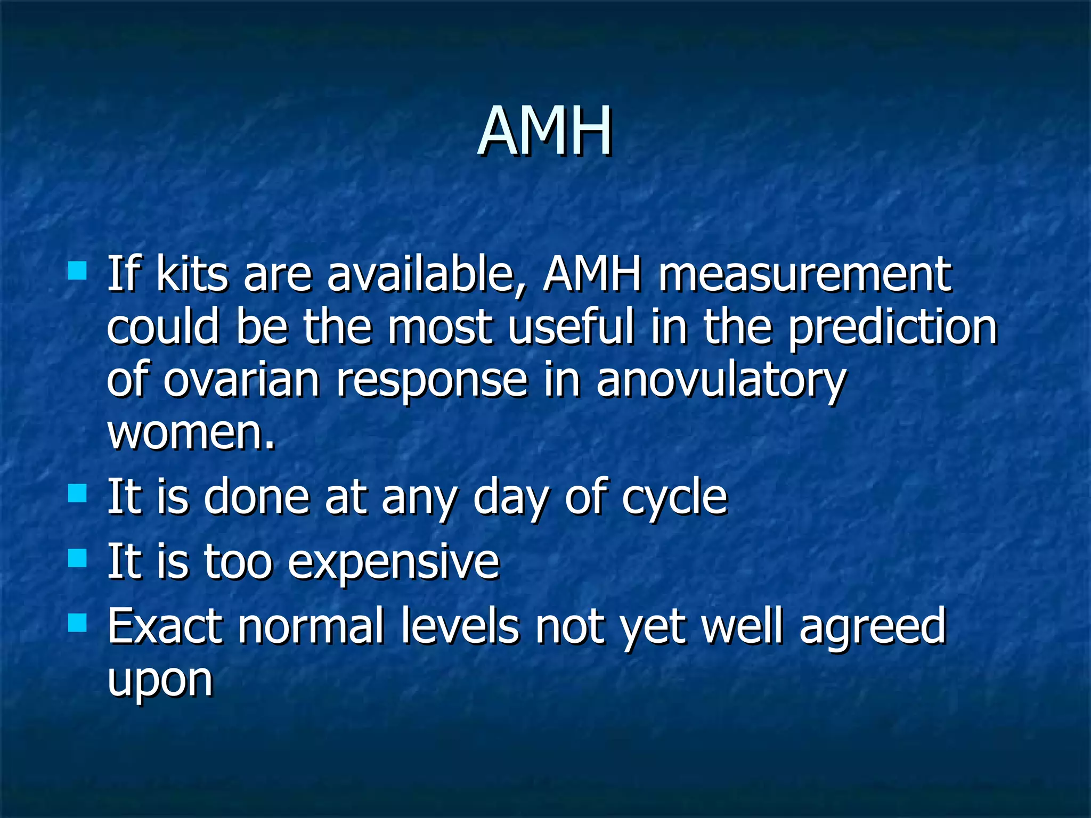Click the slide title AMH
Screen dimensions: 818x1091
544,132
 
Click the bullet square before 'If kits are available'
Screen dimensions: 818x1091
78,271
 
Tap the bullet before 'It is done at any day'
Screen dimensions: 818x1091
78,493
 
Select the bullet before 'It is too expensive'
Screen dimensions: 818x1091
78,559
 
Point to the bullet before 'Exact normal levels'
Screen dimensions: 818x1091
78,622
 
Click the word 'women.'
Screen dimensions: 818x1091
191,432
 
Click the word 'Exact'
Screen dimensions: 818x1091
165,626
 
